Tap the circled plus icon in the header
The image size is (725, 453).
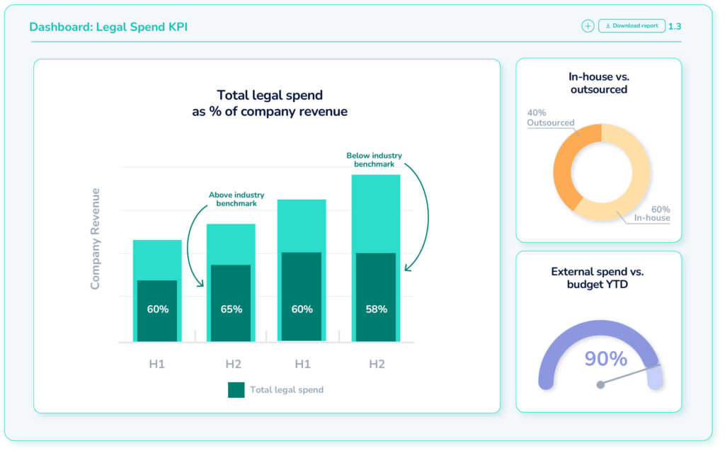coord(588,26)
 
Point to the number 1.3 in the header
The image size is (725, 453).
coord(675,26)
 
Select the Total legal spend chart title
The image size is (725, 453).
coord(269,103)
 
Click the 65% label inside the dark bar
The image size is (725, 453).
coord(231,309)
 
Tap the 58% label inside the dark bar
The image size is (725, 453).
coord(376,309)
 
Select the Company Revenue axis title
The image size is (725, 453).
coord(95,239)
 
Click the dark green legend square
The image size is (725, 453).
coord(236,389)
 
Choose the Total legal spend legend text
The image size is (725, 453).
coord(287,390)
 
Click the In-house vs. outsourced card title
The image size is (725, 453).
coord(598,83)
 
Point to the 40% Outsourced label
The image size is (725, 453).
coord(550,117)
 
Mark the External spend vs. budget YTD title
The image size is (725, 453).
coord(598,278)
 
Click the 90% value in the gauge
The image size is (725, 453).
coord(605,359)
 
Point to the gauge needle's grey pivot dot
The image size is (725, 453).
coord(600,384)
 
